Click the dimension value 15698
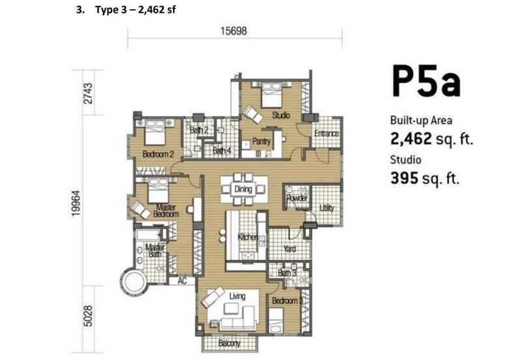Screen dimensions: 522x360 [x=234, y=31]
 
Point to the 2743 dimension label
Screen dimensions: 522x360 [x=88, y=93]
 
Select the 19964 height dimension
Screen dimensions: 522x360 [x=76, y=203]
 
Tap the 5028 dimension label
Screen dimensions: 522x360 [x=88, y=316]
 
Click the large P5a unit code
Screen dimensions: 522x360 [x=426, y=82]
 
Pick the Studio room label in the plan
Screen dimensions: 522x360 [x=281, y=115]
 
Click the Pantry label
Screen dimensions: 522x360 [x=262, y=142]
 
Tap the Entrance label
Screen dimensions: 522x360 [x=327, y=134]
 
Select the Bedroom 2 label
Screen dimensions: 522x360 [x=158, y=154]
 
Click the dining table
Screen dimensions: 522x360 [x=244, y=189]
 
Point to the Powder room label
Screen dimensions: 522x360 [x=297, y=198]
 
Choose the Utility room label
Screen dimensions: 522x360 [x=327, y=208]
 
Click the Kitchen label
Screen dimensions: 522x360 [x=248, y=237]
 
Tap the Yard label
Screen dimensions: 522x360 [x=290, y=248]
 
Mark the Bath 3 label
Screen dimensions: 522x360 [x=287, y=273]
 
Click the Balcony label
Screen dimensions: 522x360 [x=230, y=343]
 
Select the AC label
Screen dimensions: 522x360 [x=182, y=281]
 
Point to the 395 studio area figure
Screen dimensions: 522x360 [x=404, y=178]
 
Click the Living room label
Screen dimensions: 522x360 [x=238, y=296]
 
